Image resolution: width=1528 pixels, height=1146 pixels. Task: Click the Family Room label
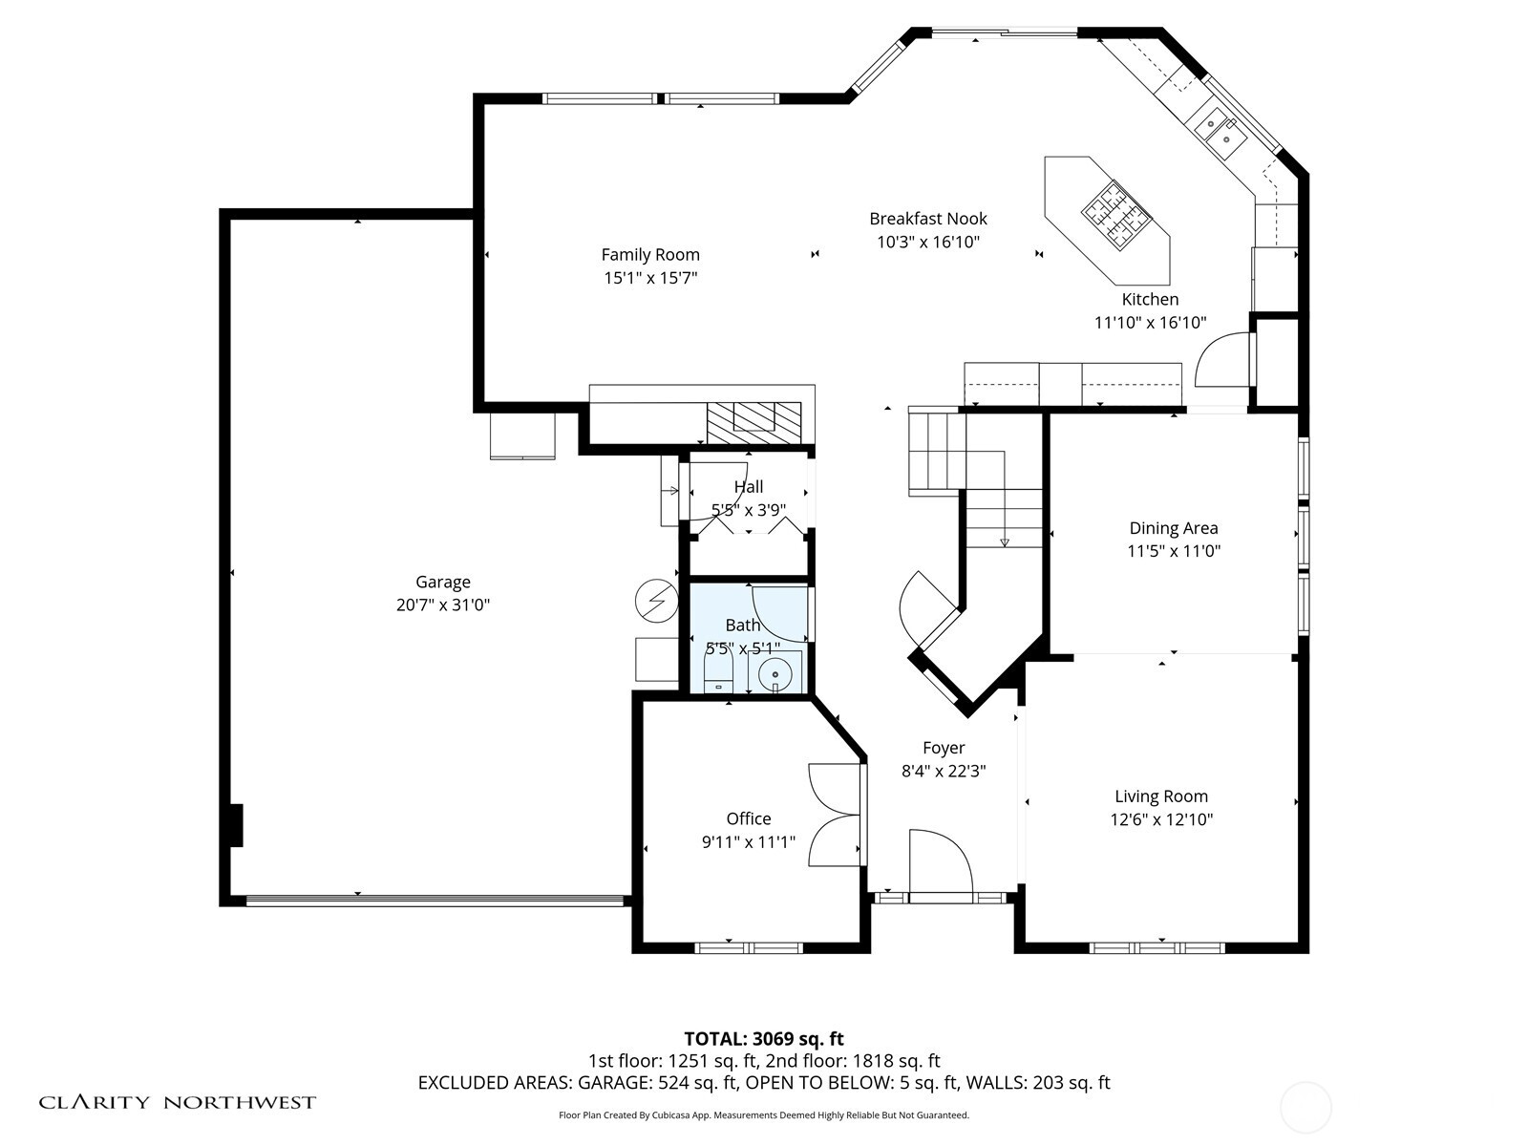point(650,254)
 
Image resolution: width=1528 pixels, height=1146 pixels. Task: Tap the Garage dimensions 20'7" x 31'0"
point(443,605)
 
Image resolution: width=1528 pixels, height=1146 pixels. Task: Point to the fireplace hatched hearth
point(753,418)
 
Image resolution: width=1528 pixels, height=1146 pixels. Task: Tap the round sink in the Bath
point(776,674)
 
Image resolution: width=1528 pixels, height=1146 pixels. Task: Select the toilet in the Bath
point(717,673)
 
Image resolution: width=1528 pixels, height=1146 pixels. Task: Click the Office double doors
point(834,815)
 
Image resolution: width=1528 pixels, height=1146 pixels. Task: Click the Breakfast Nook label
point(928,219)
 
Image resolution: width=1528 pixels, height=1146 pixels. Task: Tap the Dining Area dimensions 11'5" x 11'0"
point(1174,551)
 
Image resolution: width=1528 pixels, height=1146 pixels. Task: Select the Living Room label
point(1161,796)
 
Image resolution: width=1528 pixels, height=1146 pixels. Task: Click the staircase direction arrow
point(1004,542)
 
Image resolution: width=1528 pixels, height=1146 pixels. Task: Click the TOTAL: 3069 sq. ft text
point(764,1038)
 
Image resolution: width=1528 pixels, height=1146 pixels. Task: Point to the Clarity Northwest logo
point(178,1103)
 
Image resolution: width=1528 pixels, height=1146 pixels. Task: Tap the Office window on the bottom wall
point(749,947)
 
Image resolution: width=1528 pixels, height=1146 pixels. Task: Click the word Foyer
point(944,748)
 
